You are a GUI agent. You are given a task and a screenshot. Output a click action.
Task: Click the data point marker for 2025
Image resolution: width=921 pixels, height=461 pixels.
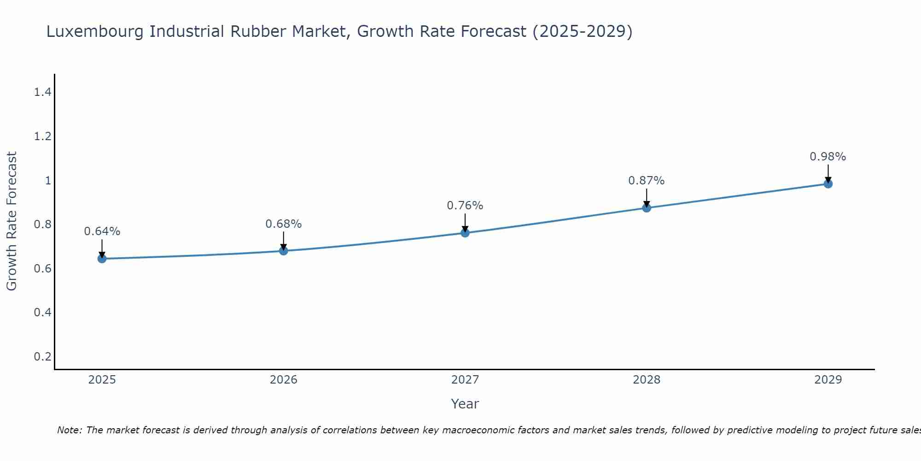pyautogui.click(x=102, y=259)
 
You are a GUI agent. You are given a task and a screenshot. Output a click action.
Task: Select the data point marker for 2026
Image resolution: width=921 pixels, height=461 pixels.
pyautogui.click(x=284, y=251)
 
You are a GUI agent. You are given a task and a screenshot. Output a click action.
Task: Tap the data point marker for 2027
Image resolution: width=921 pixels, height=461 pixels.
pyautogui.click(x=465, y=233)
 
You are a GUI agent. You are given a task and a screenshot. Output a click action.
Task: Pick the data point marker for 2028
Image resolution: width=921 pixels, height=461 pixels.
pyautogui.click(x=647, y=208)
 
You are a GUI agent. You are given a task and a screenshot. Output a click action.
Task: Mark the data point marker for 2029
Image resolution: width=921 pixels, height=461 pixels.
pyautogui.click(x=828, y=184)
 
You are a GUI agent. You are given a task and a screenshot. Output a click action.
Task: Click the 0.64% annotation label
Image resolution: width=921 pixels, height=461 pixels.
pyautogui.click(x=102, y=231)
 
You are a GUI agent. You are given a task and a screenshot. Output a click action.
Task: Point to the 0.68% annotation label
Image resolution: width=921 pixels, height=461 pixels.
pyautogui.click(x=284, y=224)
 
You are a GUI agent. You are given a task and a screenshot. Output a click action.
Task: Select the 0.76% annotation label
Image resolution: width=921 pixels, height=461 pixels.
pyautogui.click(x=465, y=206)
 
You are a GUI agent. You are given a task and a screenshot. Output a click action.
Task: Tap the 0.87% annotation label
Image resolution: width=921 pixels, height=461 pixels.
pyautogui.click(x=647, y=181)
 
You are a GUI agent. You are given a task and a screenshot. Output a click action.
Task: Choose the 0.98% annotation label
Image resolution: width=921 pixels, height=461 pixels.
pyautogui.click(x=828, y=157)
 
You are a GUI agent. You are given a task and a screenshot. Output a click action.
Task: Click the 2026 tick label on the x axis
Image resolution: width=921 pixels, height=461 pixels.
pyautogui.click(x=284, y=380)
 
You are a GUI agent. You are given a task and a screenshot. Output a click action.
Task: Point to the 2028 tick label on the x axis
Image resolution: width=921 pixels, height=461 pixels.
pyautogui.click(x=647, y=380)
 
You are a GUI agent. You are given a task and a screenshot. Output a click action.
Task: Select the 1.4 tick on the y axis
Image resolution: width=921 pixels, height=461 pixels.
pyautogui.click(x=42, y=92)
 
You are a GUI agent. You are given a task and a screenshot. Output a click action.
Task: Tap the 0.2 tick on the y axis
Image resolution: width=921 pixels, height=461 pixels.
pyautogui.click(x=42, y=356)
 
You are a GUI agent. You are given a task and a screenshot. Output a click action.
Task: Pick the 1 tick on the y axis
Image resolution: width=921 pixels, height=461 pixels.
pyautogui.click(x=48, y=180)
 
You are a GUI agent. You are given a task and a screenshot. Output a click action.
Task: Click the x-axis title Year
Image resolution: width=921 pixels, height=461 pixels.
pyautogui.click(x=465, y=404)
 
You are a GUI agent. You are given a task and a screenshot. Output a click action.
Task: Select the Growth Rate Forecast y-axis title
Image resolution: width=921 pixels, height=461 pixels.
pyautogui.click(x=12, y=221)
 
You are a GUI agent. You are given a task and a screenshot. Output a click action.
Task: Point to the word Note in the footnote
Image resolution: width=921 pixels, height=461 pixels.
pyautogui.click(x=69, y=430)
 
